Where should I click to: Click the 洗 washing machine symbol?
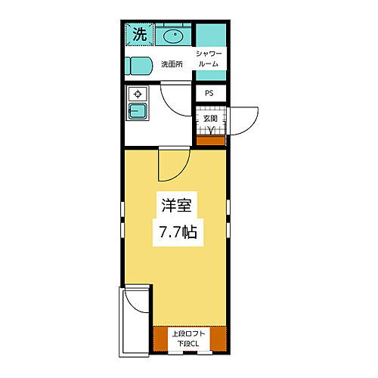pos(139,34)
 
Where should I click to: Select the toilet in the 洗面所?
pos(140,64)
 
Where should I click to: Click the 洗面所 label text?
pos(172,64)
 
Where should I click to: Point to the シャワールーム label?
pos(208,58)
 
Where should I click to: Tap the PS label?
pos(209,94)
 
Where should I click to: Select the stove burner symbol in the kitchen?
pos(138,94)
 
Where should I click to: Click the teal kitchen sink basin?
pos(138,113)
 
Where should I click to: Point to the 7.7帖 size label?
pos(178,232)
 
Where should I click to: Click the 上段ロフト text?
pos(188,333)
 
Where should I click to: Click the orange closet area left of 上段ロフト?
pos(160,339)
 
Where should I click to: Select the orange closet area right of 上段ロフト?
pos(218,339)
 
